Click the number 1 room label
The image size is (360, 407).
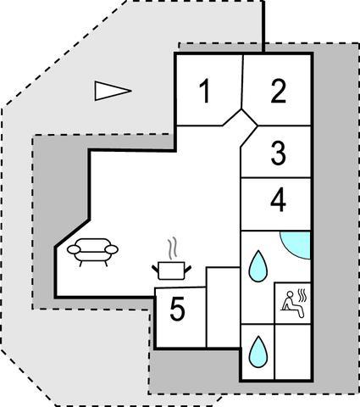205,91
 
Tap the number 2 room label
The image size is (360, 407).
279,91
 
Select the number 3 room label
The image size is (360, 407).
279,153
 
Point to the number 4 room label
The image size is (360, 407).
279,201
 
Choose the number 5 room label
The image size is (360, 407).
178,309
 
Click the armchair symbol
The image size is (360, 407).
92,252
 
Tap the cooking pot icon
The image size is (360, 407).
172,270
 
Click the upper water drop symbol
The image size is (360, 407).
258,266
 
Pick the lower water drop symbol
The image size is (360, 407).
258,352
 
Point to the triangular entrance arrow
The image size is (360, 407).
113,91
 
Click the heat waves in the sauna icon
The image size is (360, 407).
302,296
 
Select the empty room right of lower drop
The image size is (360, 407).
292,352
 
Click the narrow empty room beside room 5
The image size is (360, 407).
223,307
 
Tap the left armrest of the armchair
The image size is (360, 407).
74,249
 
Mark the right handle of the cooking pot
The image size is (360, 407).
188,270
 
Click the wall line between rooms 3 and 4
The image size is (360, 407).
275,178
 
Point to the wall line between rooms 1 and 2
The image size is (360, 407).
242,81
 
